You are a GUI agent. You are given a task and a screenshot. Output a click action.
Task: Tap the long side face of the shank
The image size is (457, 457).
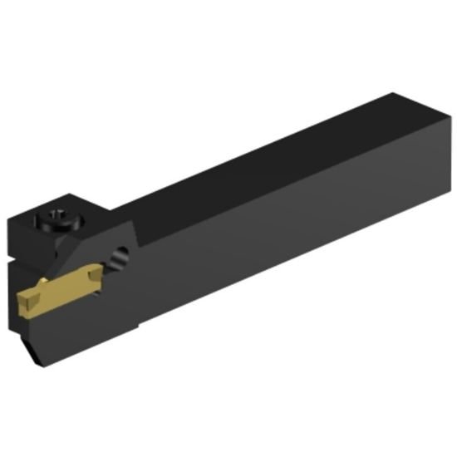click(291, 224)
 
